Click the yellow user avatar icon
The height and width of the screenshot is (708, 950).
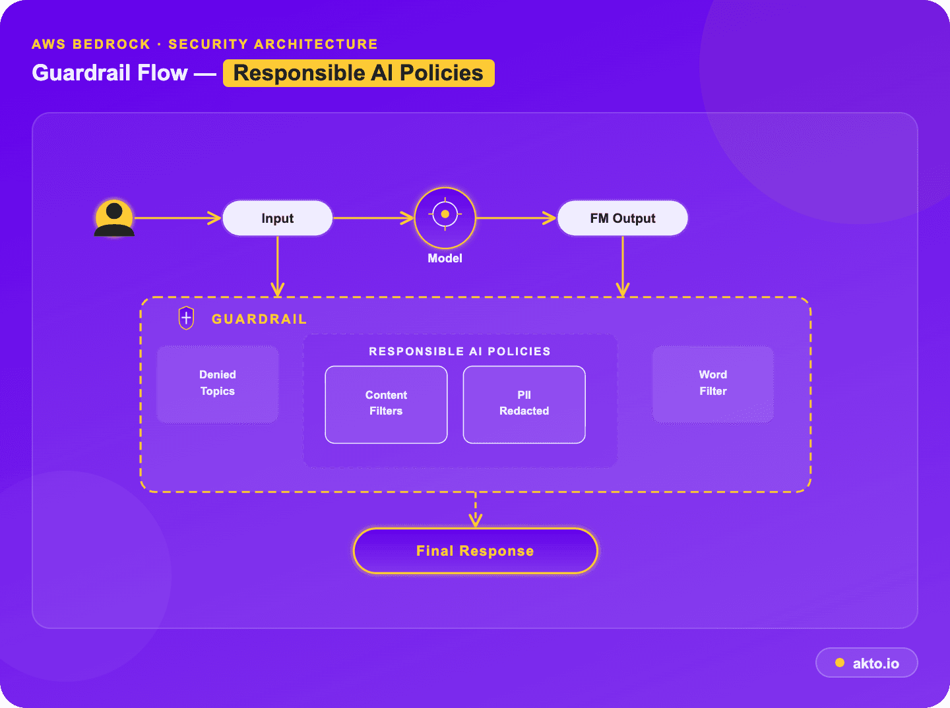click(x=114, y=218)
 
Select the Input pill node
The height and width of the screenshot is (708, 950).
click(x=278, y=218)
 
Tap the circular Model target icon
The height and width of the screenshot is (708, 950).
click(x=445, y=218)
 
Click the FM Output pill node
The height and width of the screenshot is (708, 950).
click(x=622, y=218)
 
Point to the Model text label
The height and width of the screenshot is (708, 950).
click(x=445, y=258)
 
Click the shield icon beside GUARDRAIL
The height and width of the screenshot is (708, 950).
click(x=186, y=318)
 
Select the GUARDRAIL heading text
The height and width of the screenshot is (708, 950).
click(x=259, y=319)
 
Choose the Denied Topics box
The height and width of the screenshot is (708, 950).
click(x=218, y=384)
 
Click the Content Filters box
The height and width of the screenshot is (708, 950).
click(x=386, y=404)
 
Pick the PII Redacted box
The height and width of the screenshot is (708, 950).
click(x=524, y=404)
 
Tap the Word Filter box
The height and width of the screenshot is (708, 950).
click(x=712, y=384)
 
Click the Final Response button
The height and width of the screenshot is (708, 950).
click(x=475, y=551)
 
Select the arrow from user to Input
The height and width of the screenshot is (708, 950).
click(x=178, y=218)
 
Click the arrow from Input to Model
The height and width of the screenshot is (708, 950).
click(x=373, y=218)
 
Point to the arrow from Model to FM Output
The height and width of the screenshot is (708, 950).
click(x=517, y=218)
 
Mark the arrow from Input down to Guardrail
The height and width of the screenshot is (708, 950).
click(x=278, y=266)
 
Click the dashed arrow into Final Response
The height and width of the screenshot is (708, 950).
click(x=475, y=510)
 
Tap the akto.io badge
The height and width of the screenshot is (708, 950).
click(x=866, y=663)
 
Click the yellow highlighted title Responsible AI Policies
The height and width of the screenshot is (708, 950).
click(x=358, y=73)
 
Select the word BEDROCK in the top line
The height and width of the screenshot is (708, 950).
click(x=111, y=44)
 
